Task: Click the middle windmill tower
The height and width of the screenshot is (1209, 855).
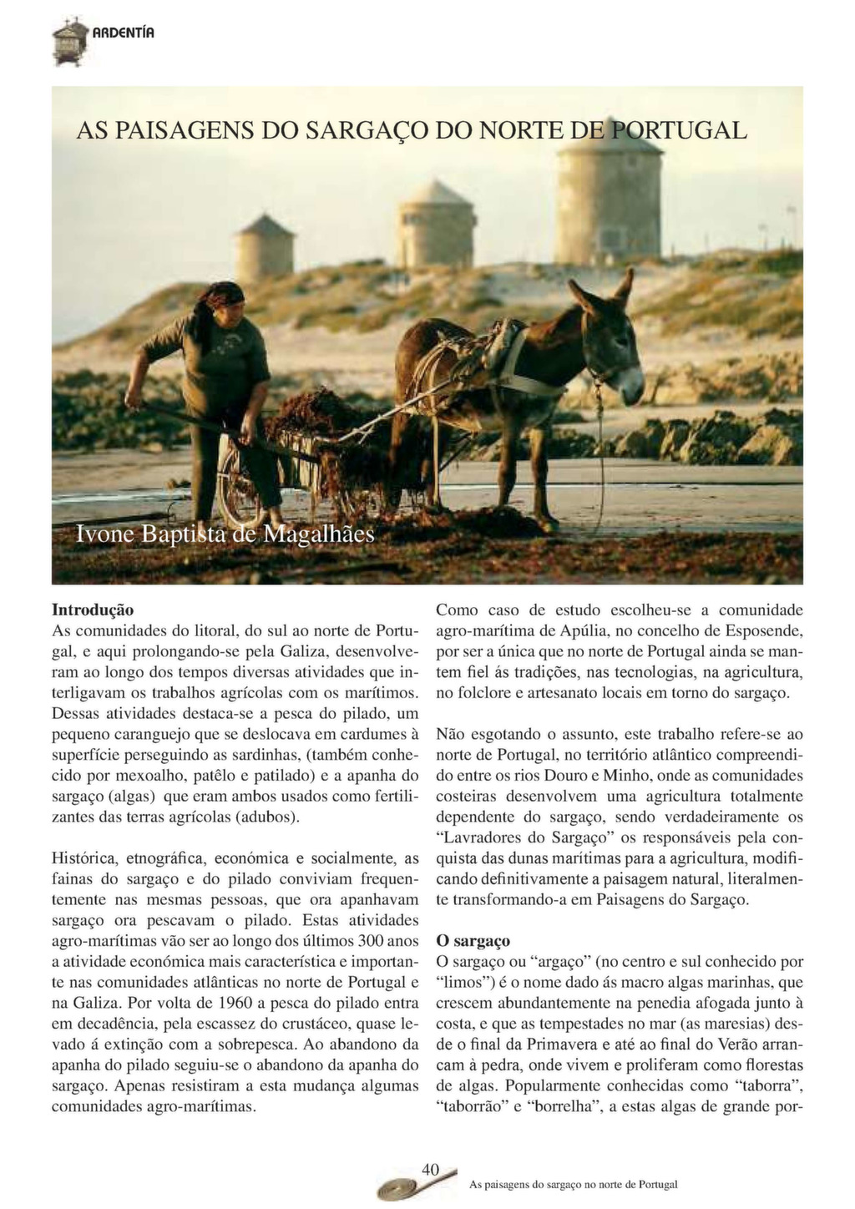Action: [436, 225]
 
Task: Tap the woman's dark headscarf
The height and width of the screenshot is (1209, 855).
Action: [224, 294]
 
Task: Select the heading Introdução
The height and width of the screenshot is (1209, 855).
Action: [93, 610]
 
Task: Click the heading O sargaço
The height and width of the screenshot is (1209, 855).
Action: [473, 941]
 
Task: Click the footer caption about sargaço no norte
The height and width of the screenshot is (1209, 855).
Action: [574, 1184]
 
